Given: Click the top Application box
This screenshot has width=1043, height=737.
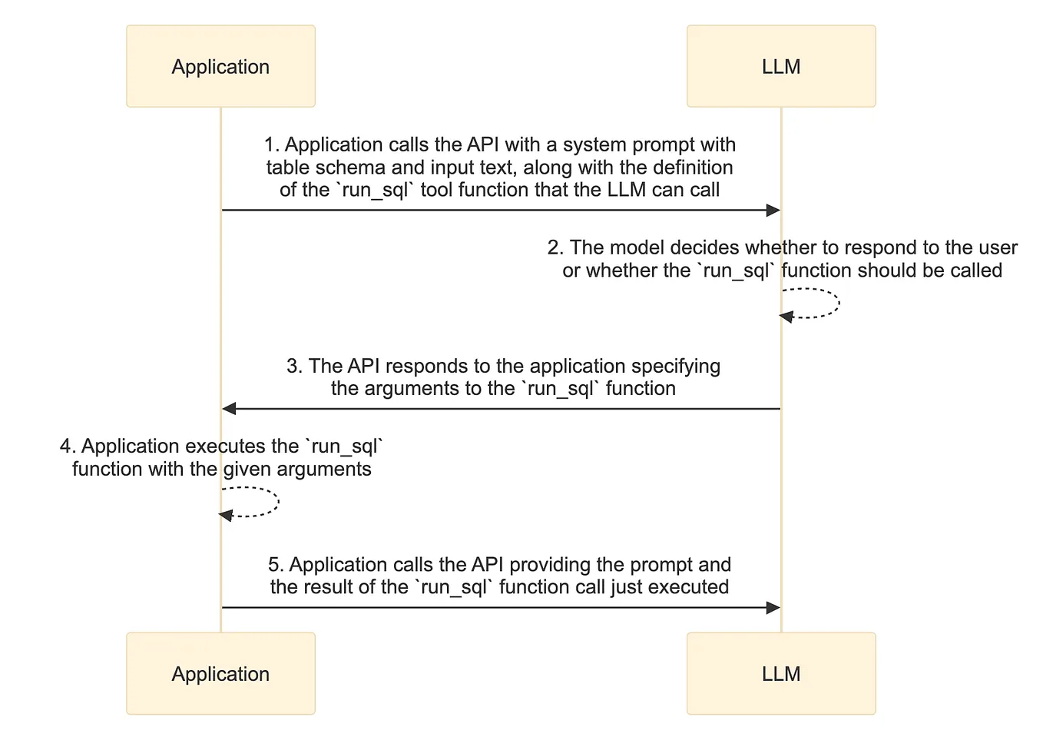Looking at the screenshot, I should tap(220, 66).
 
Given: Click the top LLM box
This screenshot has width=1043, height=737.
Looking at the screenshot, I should tap(781, 66).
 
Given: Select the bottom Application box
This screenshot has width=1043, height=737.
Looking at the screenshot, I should tap(220, 673).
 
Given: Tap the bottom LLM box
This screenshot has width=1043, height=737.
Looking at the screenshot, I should tap(781, 673).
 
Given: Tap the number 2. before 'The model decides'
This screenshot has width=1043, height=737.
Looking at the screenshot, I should tap(555, 247).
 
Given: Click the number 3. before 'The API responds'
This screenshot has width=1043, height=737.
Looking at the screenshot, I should tap(295, 366).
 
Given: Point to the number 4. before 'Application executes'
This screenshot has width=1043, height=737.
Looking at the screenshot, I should tap(68, 447).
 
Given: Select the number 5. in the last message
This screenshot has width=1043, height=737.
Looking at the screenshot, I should tap(276, 565).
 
